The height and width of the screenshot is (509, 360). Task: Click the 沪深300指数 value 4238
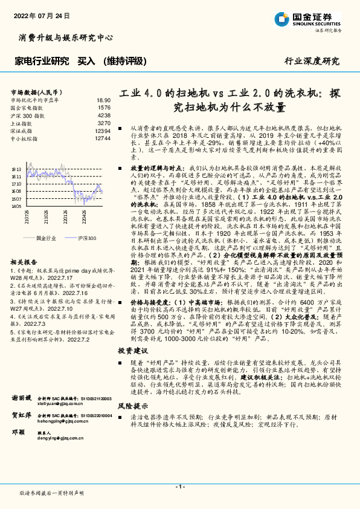pyautogui.click(x=104, y=115)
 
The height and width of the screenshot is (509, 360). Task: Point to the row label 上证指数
pyautogui.click(x=23, y=123)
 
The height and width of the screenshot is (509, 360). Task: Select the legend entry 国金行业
pyautogui.click(x=45, y=239)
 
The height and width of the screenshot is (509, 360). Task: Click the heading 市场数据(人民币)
pyautogui.click(x=34, y=91)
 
